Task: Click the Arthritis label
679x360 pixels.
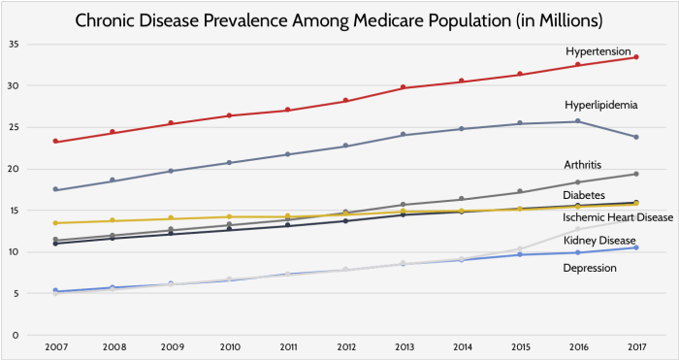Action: pyautogui.click(x=585, y=165)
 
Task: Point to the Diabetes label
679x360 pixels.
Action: pyautogui.click(x=587, y=196)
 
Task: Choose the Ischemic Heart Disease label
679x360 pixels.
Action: pyautogui.click(x=618, y=216)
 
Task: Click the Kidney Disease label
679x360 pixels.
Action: pyautogui.click(x=598, y=240)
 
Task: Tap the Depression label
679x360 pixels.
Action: pyautogui.click(x=590, y=268)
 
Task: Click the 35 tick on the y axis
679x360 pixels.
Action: pyautogui.click(x=13, y=45)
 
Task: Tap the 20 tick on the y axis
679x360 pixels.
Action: pyautogui.click(x=13, y=169)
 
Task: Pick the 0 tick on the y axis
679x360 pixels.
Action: pyautogui.click(x=16, y=335)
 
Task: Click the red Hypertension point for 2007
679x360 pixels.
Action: pyautogui.click(x=55, y=142)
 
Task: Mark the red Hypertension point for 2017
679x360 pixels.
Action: pyautogui.click(x=635, y=57)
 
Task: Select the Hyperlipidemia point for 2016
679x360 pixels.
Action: pyautogui.click(x=578, y=121)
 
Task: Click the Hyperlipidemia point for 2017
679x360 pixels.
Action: pyautogui.click(x=635, y=137)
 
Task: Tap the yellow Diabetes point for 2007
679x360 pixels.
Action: pyautogui.click(x=55, y=223)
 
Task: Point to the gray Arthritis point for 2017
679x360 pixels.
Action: pyautogui.click(x=635, y=174)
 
